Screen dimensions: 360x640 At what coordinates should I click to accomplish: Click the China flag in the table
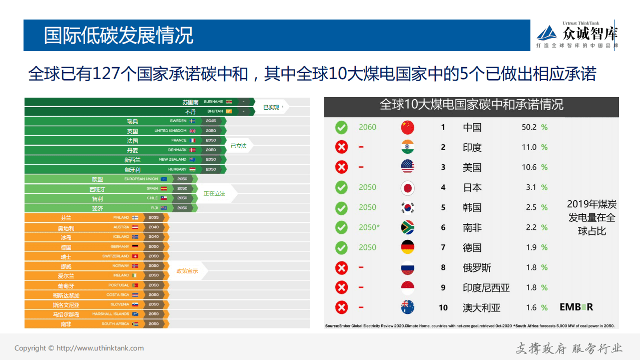tap(407, 127)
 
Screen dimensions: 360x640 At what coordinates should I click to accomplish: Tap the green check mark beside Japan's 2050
tap(341, 187)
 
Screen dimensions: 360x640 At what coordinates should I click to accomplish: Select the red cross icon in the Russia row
tap(341, 268)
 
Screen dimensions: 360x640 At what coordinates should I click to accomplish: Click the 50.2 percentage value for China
tap(529, 127)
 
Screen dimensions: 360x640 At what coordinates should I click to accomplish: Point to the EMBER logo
tap(576, 307)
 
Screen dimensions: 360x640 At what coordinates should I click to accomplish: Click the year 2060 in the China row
tap(367, 127)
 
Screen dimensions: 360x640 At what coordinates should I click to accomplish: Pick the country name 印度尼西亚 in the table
tap(486, 288)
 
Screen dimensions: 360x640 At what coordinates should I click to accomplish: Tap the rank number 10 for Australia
tap(443, 308)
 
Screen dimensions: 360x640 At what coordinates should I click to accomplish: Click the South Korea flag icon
tap(407, 207)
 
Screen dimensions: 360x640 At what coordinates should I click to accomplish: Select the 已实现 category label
tap(271, 107)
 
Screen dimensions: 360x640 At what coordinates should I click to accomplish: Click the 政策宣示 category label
tap(187, 271)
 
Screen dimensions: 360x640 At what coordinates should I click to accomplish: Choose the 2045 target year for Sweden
tap(211, 121)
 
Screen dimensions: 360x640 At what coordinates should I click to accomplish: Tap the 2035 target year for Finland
tap(153, 218)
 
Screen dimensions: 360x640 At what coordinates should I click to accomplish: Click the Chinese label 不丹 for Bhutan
tap(190, 112)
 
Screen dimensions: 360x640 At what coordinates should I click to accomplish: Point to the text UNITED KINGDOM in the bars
tap(171, 131)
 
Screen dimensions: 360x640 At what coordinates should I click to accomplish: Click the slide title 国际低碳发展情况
tap(118, 36)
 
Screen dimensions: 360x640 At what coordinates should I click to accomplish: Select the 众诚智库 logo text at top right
tap(590, 34)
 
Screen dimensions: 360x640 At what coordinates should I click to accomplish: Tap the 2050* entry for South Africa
tap(369, 227)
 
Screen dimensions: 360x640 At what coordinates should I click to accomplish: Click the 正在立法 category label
tap(214, 193)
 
